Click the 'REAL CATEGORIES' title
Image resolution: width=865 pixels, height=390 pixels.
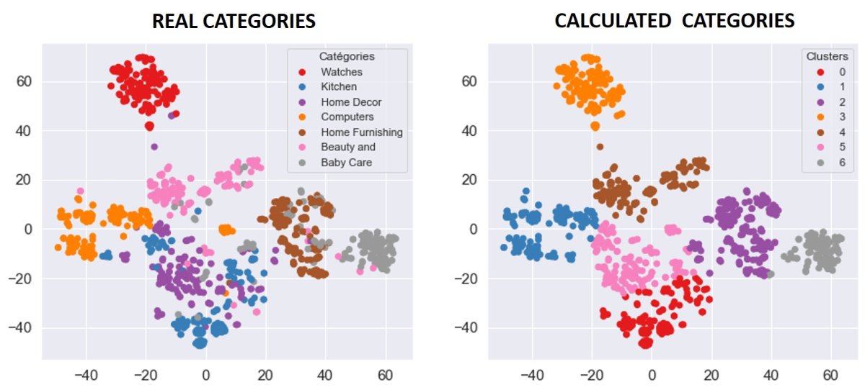click(234, 21)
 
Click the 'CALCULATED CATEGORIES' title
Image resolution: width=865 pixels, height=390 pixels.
click(674, 21)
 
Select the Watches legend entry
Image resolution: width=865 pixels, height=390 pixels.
click(342, 72)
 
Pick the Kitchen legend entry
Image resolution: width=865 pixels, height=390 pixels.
click(339, 87)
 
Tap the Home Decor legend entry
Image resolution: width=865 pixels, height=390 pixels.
click(351, 102)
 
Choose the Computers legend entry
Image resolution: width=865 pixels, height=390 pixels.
click(347, 117)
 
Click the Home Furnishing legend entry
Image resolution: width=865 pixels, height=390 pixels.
click(361, 132)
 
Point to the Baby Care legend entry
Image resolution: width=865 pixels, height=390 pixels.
click(346, 163)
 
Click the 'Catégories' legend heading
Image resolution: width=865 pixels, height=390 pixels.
click(347, 56)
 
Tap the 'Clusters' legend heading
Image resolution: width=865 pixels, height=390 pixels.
click(827, 56)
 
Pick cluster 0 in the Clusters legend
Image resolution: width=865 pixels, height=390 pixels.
click(841, 72)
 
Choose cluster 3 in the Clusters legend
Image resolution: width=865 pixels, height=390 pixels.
click(841, 117)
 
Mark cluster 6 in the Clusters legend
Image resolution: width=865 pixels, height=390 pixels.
click(841, 163)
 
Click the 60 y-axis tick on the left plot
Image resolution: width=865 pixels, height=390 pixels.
click(26, 81)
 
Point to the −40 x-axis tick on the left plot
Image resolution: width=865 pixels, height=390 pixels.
click(86, 375)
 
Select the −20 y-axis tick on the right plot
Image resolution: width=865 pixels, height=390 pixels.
click(472, 278)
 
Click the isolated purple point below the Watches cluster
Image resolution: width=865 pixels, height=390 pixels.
click(154, 147)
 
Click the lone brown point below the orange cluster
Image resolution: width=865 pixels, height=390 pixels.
click(600, 147)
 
